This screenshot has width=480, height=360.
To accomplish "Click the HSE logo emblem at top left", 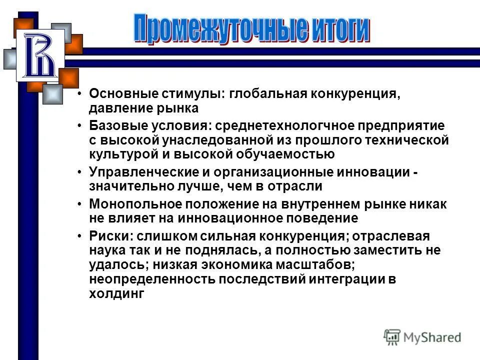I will click(40, 55).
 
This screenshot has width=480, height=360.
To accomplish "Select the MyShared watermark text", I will click(432, 337).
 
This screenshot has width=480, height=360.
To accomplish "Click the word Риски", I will click(106, 236).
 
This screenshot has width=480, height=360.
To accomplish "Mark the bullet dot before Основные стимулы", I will click(79, 94).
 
